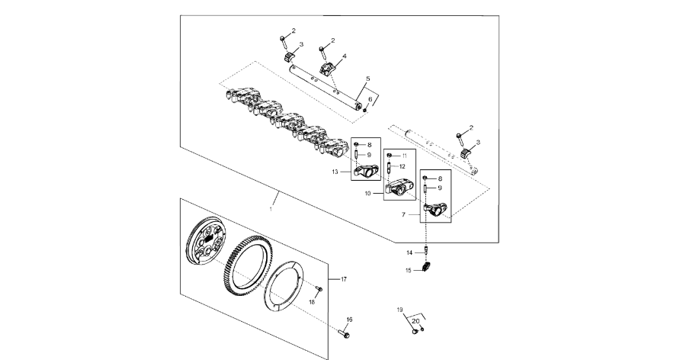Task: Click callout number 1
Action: coord(271,207)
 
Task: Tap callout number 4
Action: coord(345,56)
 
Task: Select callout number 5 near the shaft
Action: coord(367,79)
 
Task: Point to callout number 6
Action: coord(371,99)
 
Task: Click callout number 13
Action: coord(335,172)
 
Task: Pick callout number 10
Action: coord(367,194)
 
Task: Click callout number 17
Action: coord(344,279)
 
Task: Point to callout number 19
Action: coord(399,310)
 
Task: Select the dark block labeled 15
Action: coord(427,269)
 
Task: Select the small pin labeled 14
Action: coord(428,252)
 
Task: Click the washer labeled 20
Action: coord(422,329)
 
